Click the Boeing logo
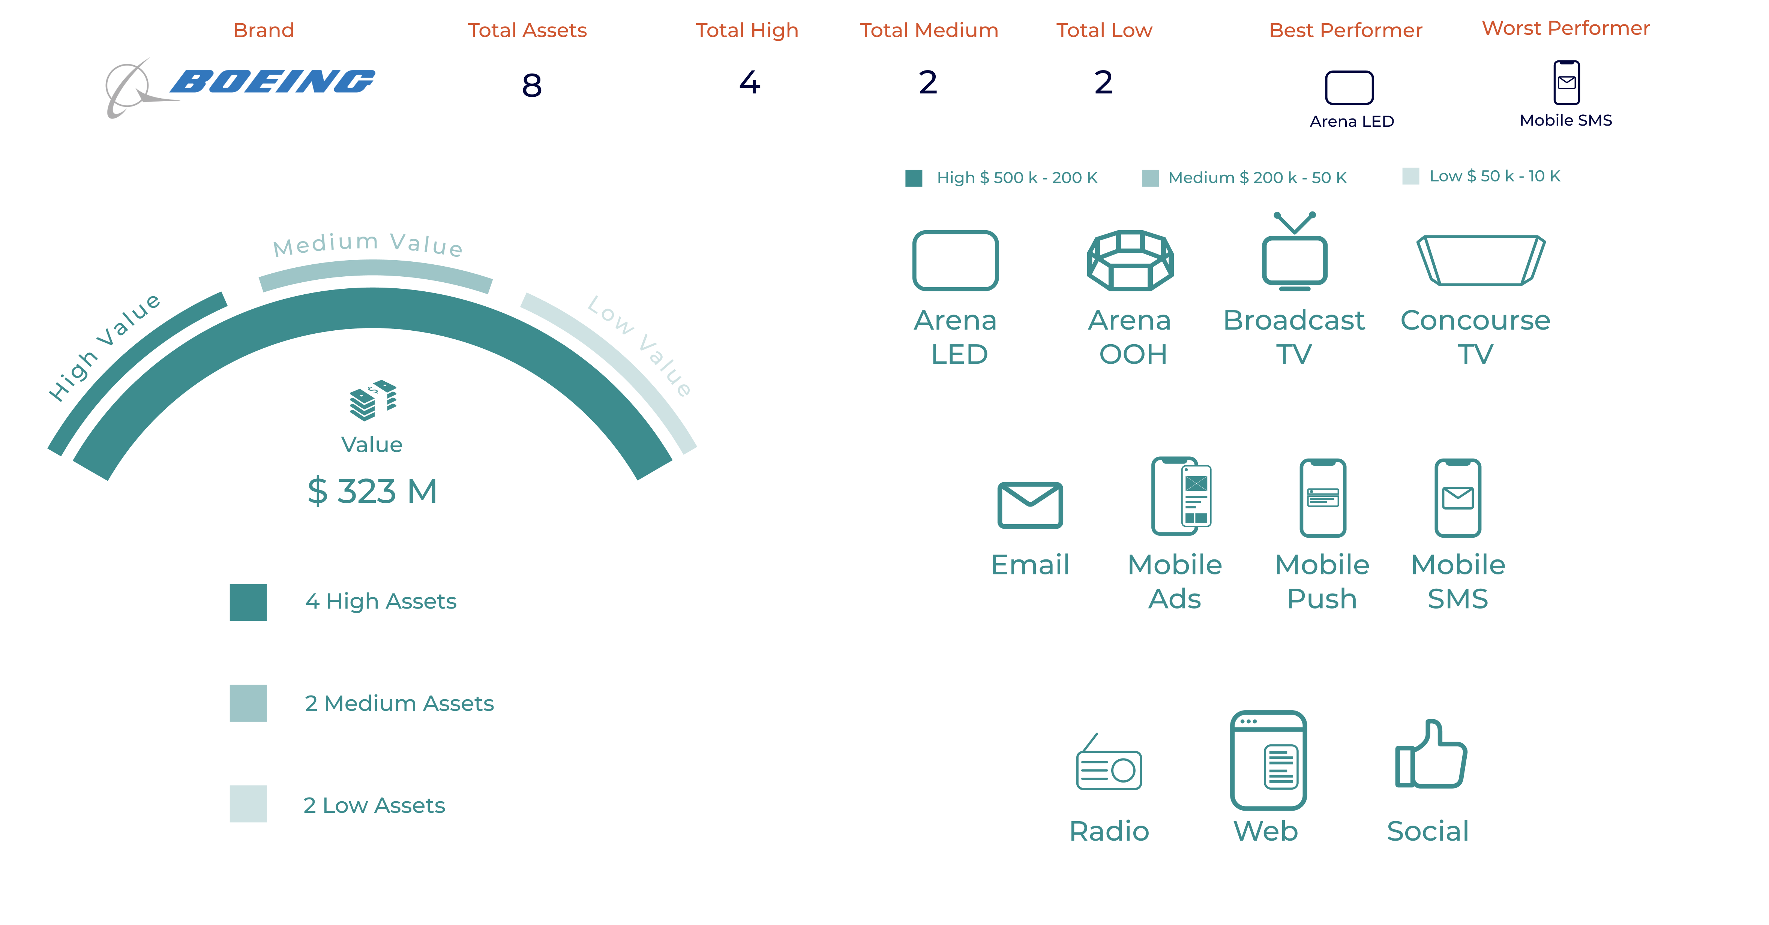point(240,86)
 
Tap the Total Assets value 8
point(531,85)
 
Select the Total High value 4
point(750,82)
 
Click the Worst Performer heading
point(1566,28)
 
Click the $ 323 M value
point(372,491)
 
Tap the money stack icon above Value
point(373,400)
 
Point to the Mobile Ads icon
point(1181,496)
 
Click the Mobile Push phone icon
point(1323,498)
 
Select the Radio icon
point(1108,762)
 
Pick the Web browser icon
point(1268,760)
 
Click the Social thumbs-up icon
point(1430,753)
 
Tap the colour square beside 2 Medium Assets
point(248,703)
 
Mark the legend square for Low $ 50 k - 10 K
point(1410,176)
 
